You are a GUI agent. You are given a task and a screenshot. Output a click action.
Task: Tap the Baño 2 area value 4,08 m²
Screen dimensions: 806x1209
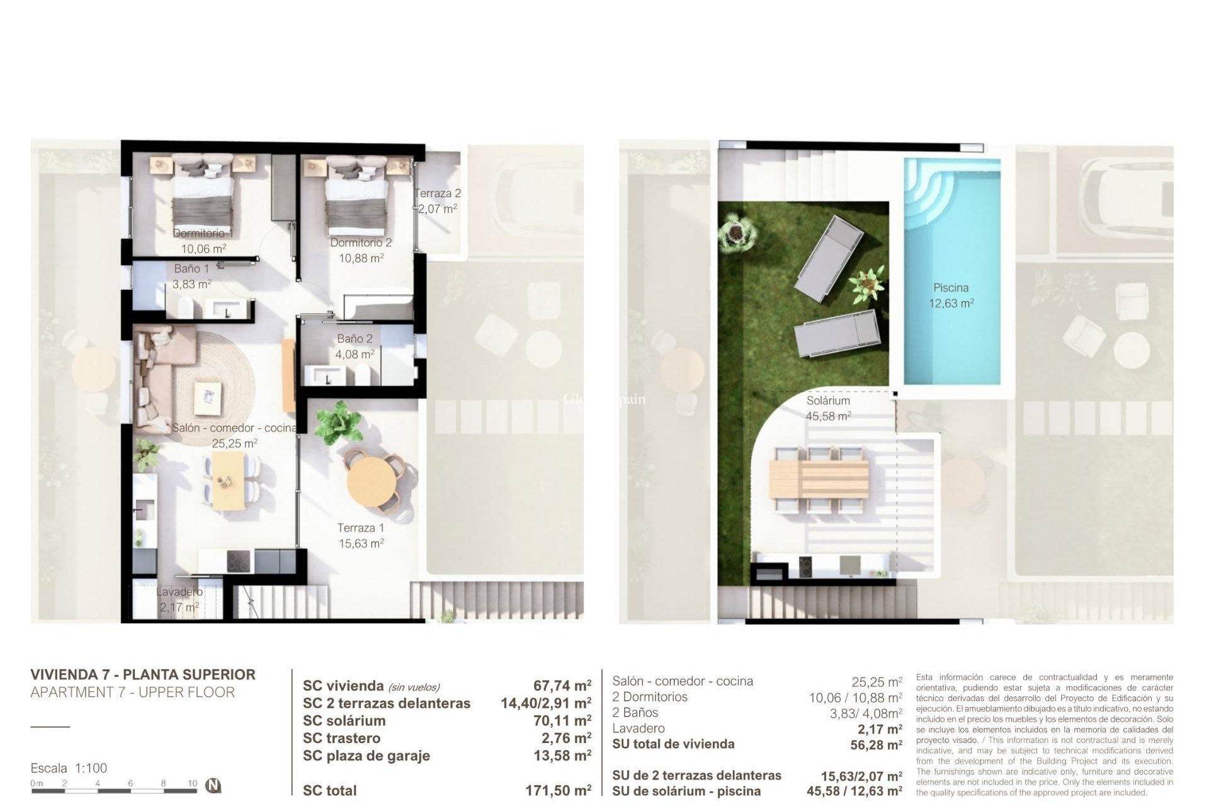tap(355, 355)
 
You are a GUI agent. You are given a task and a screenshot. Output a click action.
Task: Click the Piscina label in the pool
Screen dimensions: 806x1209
tap(950, 288)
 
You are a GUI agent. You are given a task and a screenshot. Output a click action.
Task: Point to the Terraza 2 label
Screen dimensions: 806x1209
tap(438, 193)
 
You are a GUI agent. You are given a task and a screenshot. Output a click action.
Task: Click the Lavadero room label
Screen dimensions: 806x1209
tap(179, 592)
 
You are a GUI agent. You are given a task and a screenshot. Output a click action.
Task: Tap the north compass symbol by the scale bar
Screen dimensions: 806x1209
tap(214, 785)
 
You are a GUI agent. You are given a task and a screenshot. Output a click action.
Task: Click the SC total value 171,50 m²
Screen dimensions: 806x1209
tap(558, 790)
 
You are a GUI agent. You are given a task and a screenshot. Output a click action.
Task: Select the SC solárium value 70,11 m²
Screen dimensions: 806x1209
tap(562, 720)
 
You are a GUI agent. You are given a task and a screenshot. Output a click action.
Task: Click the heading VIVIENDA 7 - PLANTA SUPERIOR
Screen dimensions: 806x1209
tap(143, 674)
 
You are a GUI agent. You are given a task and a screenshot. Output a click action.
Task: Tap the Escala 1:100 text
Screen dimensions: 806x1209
tap(69, 768)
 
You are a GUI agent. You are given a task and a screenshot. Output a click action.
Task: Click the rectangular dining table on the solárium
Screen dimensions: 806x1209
tap(819, 478)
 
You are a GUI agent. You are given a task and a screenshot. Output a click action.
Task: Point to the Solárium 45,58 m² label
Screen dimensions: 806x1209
tap(828, 408)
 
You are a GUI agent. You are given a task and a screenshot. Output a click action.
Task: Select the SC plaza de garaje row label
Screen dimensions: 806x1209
tap(366, 756)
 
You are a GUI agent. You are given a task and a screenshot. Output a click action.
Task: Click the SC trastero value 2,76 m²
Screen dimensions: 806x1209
tap(566, 738)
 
